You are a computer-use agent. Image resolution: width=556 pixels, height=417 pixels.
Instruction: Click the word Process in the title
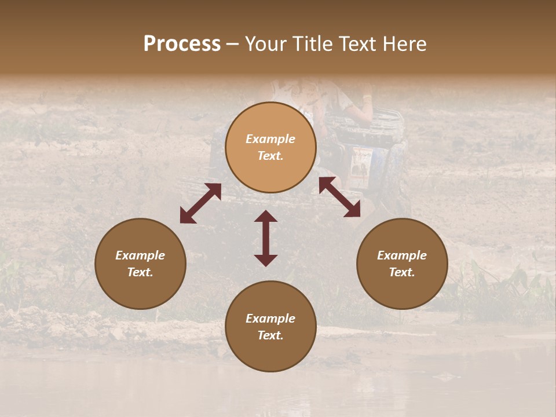tap(182, 44)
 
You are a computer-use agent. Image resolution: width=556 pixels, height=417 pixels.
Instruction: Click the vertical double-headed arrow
tap(266, 238)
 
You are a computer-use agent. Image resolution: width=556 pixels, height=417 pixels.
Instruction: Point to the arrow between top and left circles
tap(200, 203)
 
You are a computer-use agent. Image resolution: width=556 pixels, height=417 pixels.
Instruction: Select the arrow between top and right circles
tap(339, 197)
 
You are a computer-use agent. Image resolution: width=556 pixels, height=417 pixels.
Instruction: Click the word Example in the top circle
tap(270, 139)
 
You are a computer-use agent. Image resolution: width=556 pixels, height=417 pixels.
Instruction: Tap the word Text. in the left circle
tap(140, 272)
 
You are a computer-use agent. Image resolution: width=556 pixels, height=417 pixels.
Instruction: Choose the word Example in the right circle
tap(402, 255)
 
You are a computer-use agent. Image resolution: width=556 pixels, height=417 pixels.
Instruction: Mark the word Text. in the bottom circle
tap(270, 335)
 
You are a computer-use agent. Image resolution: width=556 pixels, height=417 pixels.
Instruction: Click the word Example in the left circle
tap(140, 255)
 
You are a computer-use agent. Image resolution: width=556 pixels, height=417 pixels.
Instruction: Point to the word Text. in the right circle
tap(402, 272)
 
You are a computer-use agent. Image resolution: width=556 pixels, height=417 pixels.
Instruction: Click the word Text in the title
tap(357, 44)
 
